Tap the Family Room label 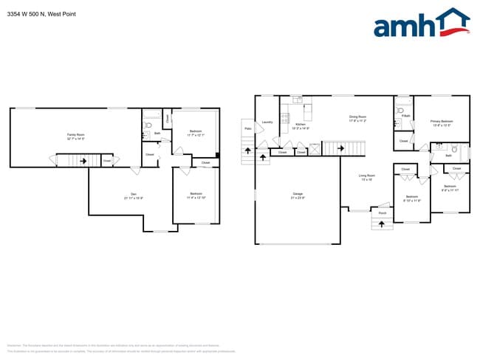tap(75, 136)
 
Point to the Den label tap(134, 195)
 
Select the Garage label tap(298, 195)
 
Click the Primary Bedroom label tap(442, 122)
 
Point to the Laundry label tap(267, 122)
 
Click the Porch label tap(383, 212)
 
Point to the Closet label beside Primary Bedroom tap(403, 140)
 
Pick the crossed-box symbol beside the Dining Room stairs tap(315, 148)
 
